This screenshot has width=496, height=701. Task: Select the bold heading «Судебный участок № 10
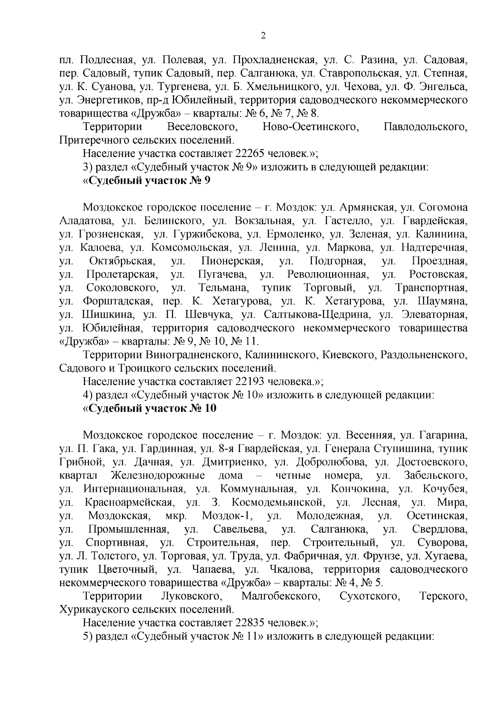149,408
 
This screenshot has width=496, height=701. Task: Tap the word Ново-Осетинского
310,127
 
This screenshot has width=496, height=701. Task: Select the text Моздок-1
227,516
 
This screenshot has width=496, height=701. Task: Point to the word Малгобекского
281,596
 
